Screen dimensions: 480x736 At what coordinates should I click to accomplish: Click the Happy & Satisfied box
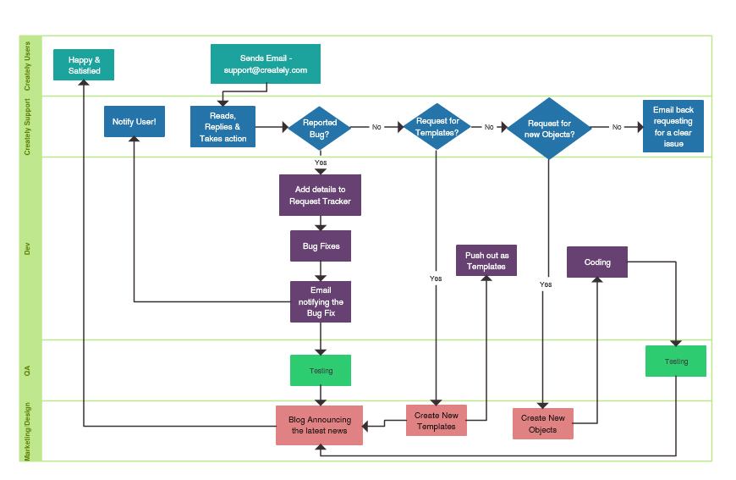coord(84,65)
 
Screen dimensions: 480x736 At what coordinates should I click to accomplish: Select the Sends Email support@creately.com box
coord(266,64)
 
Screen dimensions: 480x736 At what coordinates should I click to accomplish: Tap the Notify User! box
coord(134,122)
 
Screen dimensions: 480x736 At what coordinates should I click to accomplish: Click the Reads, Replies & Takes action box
coord(223,127)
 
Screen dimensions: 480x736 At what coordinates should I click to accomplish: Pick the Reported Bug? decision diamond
coord(320,128)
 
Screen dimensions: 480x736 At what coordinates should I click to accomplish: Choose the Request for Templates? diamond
coord(437,127)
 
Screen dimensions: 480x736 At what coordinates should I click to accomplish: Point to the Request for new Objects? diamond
coord(549,128)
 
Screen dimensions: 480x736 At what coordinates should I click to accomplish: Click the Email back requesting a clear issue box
coord(673,127)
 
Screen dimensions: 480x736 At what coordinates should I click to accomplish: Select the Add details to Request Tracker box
coord(320,196)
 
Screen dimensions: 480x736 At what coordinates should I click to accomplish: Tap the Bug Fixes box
coord(321,246)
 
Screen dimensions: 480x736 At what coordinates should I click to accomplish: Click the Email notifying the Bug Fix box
coord(321,302)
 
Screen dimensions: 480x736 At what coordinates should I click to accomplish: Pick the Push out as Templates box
coord(486,261)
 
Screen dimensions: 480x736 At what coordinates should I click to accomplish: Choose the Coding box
coord(597,262)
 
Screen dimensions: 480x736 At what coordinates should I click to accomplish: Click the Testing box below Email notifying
coord(321,371)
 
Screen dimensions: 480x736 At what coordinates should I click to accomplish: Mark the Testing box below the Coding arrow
coord(676,361)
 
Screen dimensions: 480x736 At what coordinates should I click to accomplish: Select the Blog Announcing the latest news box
coord(319,425)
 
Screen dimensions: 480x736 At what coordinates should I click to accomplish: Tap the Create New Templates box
coord(437,421)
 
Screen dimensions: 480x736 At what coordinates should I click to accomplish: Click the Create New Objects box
coord(543,423)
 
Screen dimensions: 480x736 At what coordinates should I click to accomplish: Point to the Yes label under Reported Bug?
coord(321,163)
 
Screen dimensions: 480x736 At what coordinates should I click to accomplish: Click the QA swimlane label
coord(27,371)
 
